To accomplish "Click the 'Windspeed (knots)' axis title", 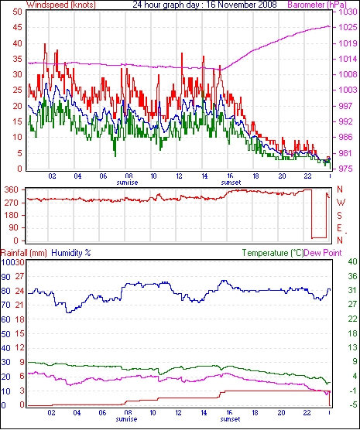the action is click(x=61, y=5).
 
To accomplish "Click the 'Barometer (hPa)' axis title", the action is click(x=317, y=5).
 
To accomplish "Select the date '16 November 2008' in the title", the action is click(x=241, y=5).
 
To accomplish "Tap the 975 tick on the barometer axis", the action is click(x=345, y=169).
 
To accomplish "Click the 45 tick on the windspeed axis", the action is click(x=17, y=27).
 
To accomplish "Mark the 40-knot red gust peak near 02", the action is click(x=45, y=44).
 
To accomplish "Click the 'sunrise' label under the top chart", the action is click(x=127, y=183).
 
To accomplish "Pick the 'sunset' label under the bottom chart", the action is click(x=230, y=419).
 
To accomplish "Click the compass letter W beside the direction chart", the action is click(x=341, y=203).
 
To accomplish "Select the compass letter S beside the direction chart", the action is click(x=340, y=216).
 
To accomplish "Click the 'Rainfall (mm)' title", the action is click(x=24, y=253).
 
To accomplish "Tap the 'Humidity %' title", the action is click(x=71, y=253).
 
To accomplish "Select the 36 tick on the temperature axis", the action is click(x=352, y=276).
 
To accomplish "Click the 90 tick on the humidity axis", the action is click(x=5, y=277).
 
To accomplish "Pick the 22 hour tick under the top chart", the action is click(x=308, y=176).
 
